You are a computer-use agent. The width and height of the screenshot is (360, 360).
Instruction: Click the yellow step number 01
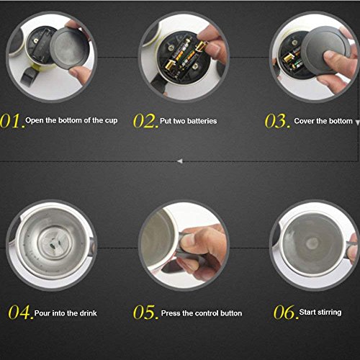point(12,120)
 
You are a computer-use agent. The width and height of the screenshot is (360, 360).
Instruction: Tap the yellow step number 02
point(145,121)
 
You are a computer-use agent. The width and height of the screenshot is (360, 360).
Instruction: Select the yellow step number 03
point(277,121)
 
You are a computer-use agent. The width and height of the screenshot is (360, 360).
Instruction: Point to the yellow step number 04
point(21,312)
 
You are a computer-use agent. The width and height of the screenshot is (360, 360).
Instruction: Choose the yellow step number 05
point(145,312)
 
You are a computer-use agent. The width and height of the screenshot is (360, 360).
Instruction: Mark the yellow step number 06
point(286,312)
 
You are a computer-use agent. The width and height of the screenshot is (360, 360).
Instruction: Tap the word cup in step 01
point(111,121)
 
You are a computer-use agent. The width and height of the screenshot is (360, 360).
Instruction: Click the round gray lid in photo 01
point(69,48)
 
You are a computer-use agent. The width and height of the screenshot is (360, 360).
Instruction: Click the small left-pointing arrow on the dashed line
point(180,161)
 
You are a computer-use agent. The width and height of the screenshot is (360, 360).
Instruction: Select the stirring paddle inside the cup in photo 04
point(55,243)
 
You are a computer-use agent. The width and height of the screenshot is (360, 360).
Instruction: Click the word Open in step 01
point(35,120)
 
